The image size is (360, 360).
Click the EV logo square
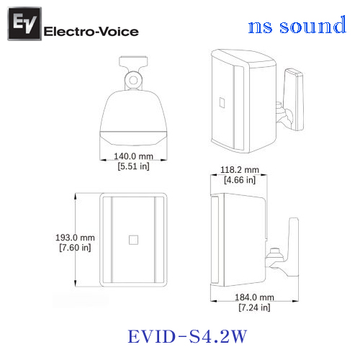coord(24,24)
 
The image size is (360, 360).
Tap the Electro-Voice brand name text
coord(91,32)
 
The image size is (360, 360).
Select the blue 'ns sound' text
coord(297,25)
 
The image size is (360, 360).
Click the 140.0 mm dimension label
coord(133,156)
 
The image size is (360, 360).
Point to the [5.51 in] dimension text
coord(133,166)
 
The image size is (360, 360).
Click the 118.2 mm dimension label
coord(240,170)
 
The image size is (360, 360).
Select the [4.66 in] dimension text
coord(240,180)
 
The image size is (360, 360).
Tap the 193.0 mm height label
coord(75,238)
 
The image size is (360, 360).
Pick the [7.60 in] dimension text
coord(75,248)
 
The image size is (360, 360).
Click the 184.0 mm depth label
coord(254,297)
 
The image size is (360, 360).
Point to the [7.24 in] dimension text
coord(254,307)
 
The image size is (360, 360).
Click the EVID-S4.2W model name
coord(187,336)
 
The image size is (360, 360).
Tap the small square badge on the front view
coord(133,240)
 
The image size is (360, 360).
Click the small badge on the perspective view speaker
coord(222,102)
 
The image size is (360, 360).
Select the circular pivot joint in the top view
coord(133,80)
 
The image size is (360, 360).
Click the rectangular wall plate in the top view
coord(133,61)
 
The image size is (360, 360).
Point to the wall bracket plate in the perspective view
coord(294,99)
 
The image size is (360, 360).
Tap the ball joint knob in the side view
coord(275,254)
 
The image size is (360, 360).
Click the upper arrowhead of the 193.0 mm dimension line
coord(76,197)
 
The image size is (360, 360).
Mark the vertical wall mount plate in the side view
coord(293,247)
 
